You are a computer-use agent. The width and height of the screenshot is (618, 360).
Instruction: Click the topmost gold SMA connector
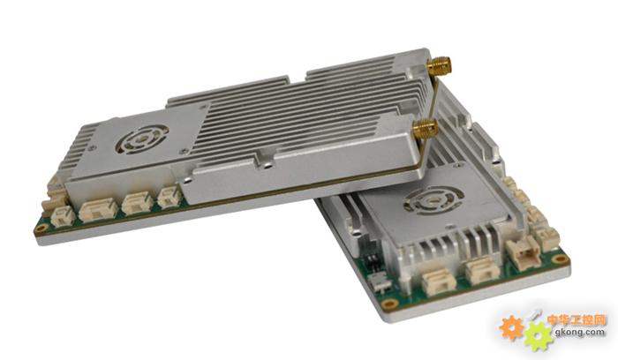439,67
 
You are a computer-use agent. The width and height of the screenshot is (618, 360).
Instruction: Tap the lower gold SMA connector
425,129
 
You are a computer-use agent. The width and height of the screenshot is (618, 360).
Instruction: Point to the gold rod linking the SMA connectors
433,98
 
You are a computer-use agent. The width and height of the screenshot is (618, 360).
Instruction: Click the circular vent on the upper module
142,139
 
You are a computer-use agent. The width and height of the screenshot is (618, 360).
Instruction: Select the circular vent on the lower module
433,202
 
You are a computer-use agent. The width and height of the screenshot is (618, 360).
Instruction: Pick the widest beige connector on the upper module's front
98,209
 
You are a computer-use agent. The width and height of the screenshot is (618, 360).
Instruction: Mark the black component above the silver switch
371,262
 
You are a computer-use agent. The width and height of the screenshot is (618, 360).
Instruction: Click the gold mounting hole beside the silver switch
390,304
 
